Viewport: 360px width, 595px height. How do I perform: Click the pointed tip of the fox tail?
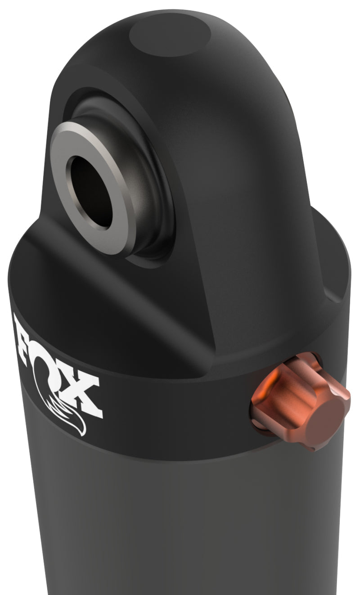84,434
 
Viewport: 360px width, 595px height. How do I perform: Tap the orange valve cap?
301,401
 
